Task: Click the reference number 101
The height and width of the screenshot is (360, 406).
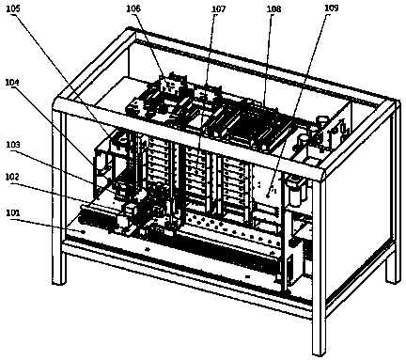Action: click(x=12, y=212)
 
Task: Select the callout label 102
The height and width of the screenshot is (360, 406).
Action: click(x=12, y=177)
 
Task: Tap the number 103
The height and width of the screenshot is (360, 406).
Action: click(x=12, y=145)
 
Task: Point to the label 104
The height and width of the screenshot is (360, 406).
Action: click(x=12, y=83)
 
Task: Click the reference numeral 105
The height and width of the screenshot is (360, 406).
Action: click(x=13, y=8)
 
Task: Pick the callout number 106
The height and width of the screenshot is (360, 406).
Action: click(x=133, y=8)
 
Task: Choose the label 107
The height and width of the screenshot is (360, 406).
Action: click(x=218, y=9)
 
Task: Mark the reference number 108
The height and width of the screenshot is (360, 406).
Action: click(x=274, y=9)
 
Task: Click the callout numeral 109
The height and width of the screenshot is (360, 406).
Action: click(x=332, y=8)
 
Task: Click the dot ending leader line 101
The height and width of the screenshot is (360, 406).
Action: click(x=83, y=232)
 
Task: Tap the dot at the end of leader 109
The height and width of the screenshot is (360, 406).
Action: click(x=268, y=196)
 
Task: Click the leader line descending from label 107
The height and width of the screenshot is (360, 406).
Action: click(x=206, y=93)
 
